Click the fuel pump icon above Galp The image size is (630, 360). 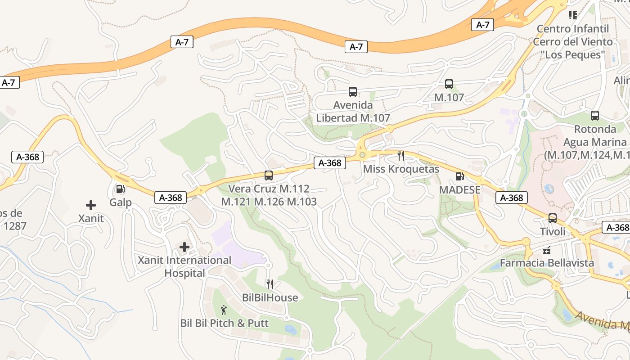120,189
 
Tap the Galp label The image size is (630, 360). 121,202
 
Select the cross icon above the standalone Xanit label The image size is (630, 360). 91,205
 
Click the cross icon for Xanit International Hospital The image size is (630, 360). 184,247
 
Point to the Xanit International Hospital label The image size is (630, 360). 184,266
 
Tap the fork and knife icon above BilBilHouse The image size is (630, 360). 270,284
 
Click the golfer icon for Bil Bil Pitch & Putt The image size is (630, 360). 224,310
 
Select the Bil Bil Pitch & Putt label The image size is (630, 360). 225,323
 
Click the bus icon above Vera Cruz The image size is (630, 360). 269,175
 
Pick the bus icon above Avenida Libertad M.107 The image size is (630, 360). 353,92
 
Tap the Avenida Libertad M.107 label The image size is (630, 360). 353,112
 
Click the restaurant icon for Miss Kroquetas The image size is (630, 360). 400,156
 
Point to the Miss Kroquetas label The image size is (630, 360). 400,169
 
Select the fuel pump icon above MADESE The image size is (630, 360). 459,176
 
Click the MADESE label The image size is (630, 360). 460,190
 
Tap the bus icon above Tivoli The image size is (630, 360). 553,218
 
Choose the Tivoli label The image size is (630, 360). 553,232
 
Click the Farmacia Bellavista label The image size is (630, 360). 547,263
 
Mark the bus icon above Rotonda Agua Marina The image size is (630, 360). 595,116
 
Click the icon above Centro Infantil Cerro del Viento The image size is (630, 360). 573,15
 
